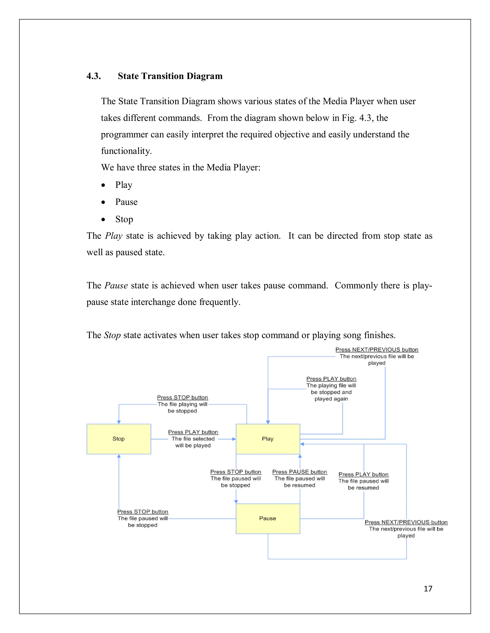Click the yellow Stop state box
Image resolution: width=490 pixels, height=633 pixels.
(119, 439)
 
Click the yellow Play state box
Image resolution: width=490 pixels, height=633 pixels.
(268, 439)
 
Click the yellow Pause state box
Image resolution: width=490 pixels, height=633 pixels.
(268, 519)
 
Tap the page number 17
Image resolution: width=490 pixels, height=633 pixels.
(428, 589)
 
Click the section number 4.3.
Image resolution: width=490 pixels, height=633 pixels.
(94, 76)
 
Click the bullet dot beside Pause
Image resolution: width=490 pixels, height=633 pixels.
(103, 202)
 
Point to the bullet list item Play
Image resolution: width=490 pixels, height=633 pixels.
(124, 185)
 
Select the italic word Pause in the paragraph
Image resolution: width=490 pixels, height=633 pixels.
(116, 285)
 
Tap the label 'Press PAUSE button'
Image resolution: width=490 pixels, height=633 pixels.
(300, 472)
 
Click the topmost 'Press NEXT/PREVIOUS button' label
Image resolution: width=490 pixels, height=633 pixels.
(377, 349)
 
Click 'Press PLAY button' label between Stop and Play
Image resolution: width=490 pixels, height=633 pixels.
(193, 432)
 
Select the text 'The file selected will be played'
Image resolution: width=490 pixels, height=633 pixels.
(193, 442)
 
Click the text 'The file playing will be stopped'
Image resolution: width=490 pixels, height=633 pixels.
(182, 408)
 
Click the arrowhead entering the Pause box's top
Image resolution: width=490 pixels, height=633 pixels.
(236, 501)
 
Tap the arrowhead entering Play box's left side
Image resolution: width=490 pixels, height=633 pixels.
(234, 439)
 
